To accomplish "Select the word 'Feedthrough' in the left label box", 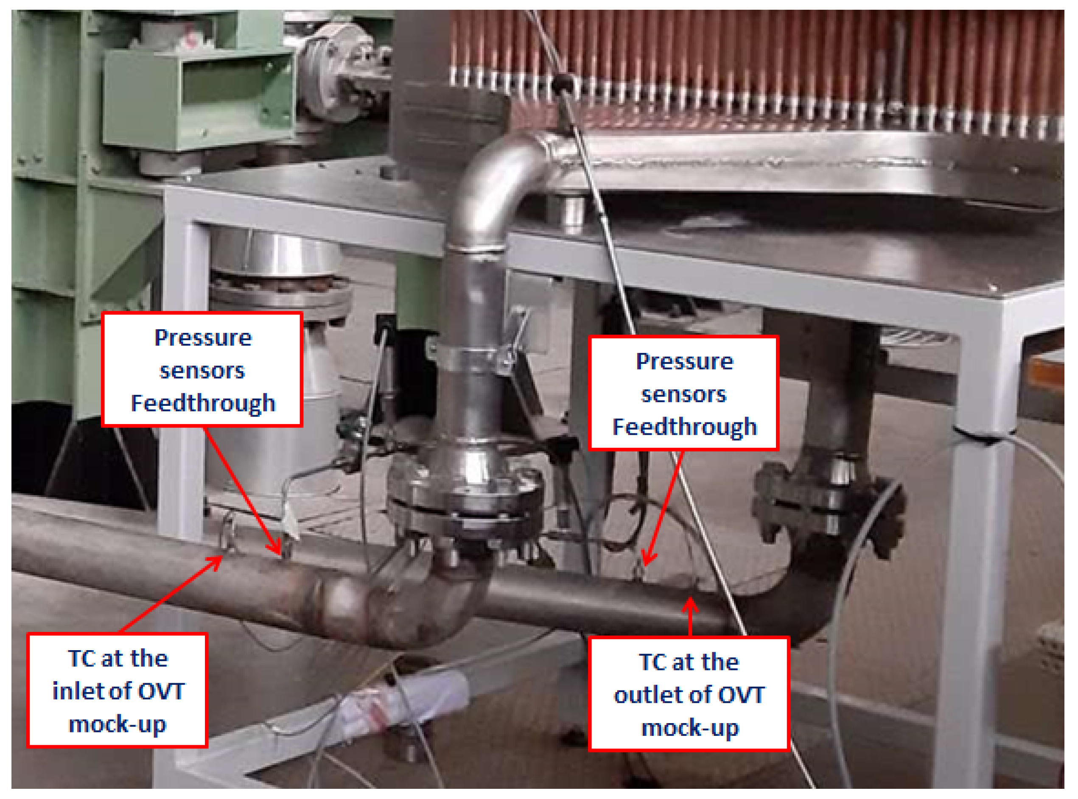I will (203, 403).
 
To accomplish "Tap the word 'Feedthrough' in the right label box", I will (684, 427).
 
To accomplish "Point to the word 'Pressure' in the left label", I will (203, 338).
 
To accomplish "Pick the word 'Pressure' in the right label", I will (684, 361).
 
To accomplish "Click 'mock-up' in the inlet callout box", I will (118, 724).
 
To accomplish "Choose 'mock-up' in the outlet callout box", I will (689, 727).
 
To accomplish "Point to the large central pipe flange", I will (465, 498).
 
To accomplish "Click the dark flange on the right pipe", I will (823, 503).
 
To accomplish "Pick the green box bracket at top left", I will (199, 97).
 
